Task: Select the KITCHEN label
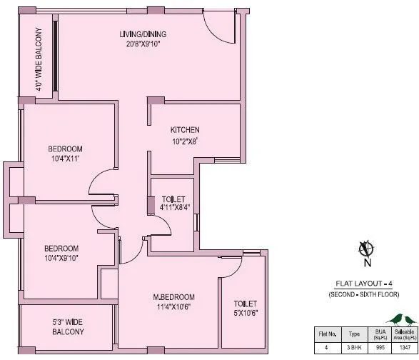tap(184, 130)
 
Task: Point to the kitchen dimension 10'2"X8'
tap(184, 141)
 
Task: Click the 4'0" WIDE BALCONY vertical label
tap(38, 61)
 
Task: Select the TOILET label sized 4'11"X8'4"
tap(173, 199)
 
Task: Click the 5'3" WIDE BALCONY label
tap(68, 326)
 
